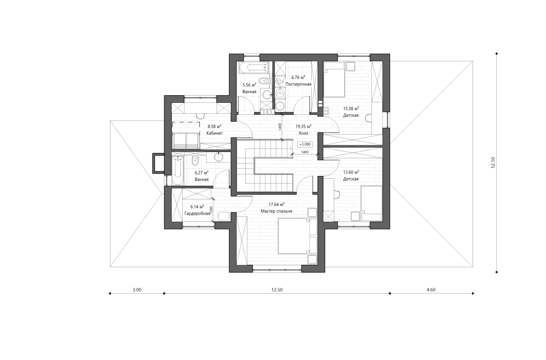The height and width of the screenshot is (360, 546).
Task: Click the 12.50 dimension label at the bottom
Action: tap(277, 290)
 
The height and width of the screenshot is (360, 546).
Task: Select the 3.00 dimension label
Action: tap(137, 290)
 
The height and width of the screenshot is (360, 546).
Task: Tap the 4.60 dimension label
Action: tap(431, 290)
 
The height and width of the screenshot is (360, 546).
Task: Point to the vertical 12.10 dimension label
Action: tap(493, 163)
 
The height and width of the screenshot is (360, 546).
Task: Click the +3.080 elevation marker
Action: tap(305, 144)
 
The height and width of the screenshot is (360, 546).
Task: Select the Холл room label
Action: tap(303, 134)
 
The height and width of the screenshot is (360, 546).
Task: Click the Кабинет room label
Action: tap(214, 133)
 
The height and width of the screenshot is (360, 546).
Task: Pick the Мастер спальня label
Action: tap(276, 210)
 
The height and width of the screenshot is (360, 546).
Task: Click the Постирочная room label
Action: tap(298, 84)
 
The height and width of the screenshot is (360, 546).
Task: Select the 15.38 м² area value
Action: tap(350, 108)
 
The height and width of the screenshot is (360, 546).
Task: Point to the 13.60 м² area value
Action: tap(350, 172)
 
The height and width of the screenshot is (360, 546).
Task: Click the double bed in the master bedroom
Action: tap(294, 236)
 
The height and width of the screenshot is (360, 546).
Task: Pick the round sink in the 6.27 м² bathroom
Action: tap(219, 156)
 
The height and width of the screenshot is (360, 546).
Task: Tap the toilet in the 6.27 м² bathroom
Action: tap(195, 159)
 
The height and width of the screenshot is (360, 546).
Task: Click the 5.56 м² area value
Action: tap(249, 85)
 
